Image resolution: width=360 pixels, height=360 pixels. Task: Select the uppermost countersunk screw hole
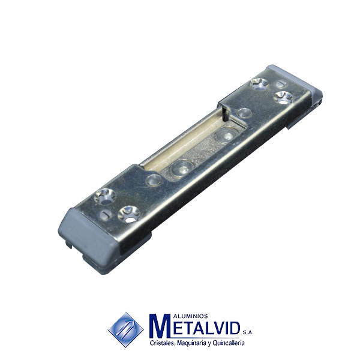click(259, 83)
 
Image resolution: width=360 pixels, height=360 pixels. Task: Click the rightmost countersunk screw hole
click(283, 97)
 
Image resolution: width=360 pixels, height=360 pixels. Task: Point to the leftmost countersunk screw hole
click(105, 197)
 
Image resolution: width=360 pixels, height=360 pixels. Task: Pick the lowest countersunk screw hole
click(129, 214)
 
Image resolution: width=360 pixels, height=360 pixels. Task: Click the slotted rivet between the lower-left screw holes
click(106, 215)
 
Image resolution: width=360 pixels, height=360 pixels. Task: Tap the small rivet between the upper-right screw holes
click(281, 84)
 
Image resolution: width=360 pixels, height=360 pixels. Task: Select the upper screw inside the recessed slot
click(226, 136)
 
